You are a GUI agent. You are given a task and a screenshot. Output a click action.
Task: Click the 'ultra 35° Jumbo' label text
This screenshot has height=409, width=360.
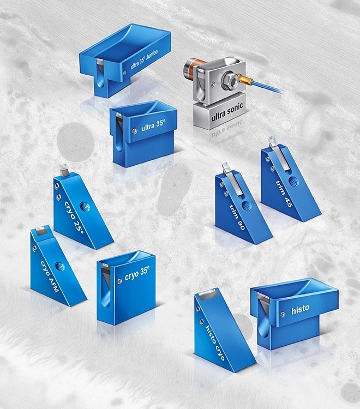(x=144, y=60)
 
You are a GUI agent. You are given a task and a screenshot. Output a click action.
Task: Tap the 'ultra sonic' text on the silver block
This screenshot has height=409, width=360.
(x=227, y=112)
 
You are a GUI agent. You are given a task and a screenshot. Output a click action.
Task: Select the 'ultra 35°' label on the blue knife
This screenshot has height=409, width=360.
(x=153, y=125)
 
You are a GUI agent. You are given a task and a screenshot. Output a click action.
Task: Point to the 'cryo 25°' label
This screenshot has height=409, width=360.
(x=74, y=216)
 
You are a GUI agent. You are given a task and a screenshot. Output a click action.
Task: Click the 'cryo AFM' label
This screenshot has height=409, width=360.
(x=50, y=276)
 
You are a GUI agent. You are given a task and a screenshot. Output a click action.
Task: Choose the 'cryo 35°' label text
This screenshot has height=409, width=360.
(x=137, y=274)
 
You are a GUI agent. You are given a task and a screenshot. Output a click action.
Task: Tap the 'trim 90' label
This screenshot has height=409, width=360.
(x=237, y=217)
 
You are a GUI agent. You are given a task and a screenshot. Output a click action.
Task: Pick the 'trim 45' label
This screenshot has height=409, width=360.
(x=284, y=193)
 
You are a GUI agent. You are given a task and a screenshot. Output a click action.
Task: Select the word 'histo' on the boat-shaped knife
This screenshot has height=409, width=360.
(x=301, y=309)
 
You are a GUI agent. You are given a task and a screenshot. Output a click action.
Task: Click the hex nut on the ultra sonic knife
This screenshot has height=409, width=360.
(x=229, y=80)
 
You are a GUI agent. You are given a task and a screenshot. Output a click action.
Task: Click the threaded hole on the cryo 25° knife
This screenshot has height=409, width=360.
(x=85, y=207)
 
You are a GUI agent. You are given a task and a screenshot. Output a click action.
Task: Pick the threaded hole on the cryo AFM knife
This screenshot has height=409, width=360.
(x=60, y=266)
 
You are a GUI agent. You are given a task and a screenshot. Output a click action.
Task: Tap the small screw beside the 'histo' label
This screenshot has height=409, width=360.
(x=283, y=314)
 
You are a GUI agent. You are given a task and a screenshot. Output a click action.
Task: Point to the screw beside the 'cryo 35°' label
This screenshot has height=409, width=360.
(x=120, y=281)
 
